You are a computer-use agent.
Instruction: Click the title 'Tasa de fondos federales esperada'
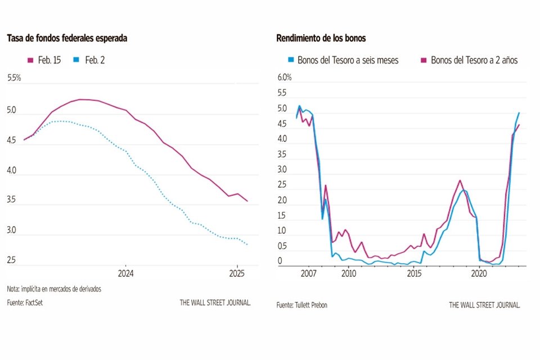point(67,38)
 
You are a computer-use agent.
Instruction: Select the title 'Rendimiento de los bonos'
point(321,38)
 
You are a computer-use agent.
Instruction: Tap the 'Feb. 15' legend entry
point(44,60)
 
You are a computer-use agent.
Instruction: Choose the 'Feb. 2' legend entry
point(89,60)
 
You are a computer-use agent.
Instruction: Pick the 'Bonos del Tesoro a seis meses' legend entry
point(343,60)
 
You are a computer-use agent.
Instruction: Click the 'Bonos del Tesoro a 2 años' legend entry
point(469,60)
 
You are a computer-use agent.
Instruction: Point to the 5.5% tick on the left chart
point(14,78)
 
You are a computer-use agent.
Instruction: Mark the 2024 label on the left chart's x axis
point(125,274)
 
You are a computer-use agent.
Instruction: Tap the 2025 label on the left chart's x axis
point(237,274)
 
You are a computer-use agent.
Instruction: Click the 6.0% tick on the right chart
point(285,77)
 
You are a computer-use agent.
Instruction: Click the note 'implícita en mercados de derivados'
point(55,289)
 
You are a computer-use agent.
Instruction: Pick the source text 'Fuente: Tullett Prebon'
point(301,305)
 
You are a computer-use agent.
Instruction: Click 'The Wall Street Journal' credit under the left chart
point(215,303)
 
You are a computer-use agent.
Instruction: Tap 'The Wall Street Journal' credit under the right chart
point(484,305)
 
